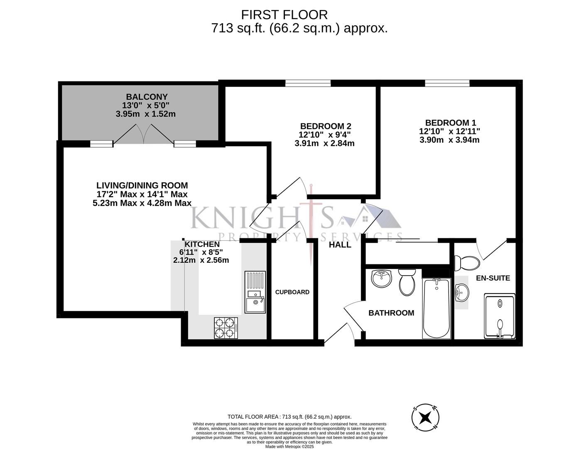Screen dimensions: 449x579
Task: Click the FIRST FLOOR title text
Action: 284,15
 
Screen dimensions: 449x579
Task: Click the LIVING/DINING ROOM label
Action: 142,185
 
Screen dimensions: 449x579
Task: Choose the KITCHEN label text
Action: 202,244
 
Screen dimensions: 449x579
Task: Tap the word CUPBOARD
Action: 292,292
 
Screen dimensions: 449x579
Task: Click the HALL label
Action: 340,245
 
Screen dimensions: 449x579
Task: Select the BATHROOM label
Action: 391,313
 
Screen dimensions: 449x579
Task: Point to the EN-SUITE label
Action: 493,278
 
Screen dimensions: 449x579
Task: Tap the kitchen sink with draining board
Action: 255,292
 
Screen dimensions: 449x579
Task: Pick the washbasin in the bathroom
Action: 381,279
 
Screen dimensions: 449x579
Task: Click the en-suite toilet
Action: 466,263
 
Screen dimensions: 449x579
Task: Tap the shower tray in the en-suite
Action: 500,316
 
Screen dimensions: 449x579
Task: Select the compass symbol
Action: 425,417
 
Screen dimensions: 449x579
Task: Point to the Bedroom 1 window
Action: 447,84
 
